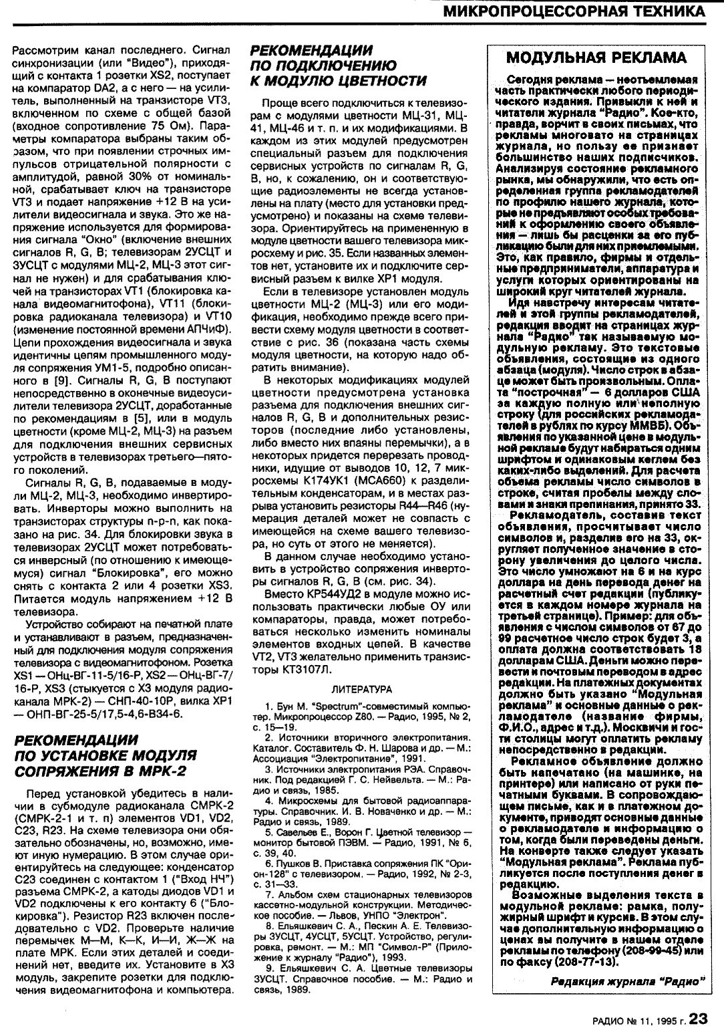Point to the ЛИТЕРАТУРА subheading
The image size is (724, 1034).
[x=362, y=688]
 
